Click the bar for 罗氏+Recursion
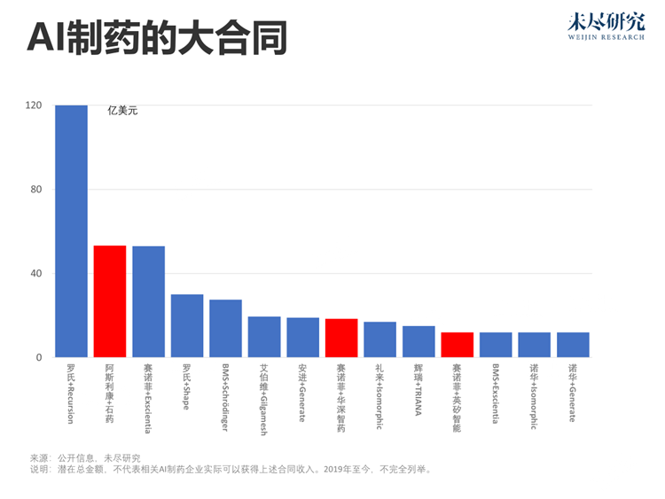71,230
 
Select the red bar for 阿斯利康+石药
110,301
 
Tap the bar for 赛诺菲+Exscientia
148,301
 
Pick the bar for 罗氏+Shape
187,326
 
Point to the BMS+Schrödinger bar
225,329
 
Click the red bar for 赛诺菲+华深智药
341,338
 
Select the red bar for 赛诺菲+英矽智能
457,345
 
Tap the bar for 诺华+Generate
573,345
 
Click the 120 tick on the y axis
34,105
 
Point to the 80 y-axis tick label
36,190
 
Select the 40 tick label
36,274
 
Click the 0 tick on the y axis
39,358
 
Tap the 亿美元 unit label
122,111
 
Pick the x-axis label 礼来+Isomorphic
379,395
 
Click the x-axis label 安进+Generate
302,391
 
